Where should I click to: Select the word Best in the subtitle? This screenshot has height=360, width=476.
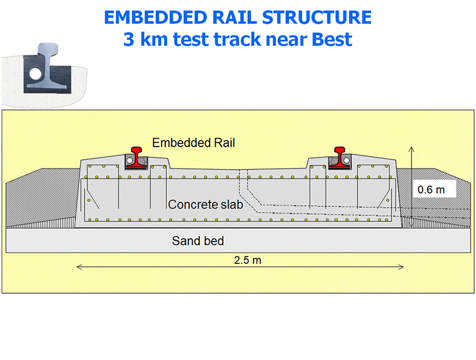332,40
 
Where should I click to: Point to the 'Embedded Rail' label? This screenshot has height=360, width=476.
193,143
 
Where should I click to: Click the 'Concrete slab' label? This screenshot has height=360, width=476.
205,205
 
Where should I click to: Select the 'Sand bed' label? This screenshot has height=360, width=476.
198,241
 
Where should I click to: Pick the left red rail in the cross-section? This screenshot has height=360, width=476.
138,155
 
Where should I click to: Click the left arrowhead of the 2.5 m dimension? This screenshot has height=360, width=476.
80,266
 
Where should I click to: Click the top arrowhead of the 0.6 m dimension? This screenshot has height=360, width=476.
412,149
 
